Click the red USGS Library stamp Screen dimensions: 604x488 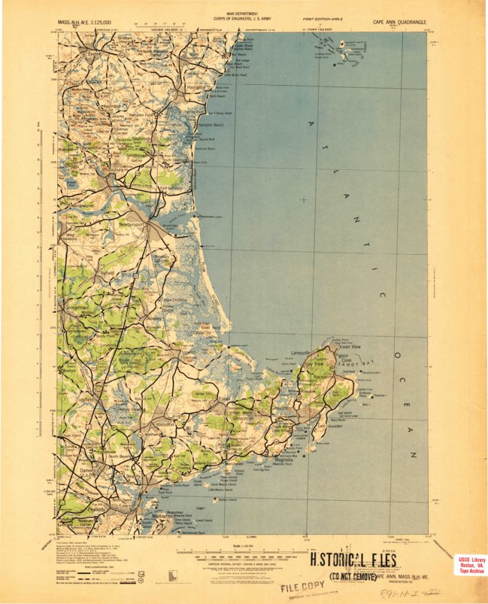471,566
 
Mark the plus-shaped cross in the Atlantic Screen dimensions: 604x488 304,199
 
